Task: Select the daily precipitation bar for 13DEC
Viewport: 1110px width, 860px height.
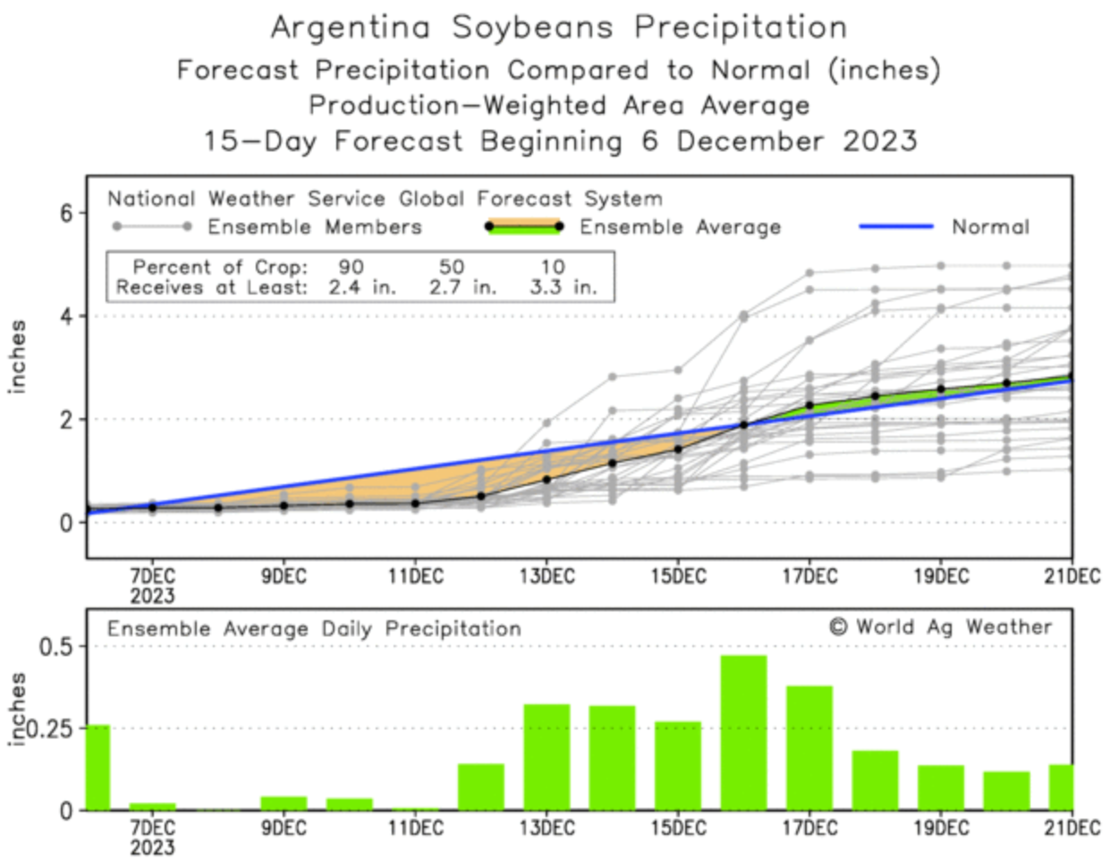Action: [547, 757]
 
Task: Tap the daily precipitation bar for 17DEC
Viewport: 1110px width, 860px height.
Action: [809, 747]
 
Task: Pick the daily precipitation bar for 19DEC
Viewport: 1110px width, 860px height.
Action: [941, 788]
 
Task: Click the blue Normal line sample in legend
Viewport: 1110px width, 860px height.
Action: [895, 226]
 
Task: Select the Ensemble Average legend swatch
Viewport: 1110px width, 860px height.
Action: [523, 226]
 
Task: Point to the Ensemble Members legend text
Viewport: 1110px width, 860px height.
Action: [314, 226]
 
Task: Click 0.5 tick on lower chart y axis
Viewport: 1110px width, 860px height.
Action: [55, 646]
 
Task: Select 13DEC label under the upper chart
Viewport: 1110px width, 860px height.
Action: [547, 576]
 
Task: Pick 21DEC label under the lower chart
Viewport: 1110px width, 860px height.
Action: [1072, 828]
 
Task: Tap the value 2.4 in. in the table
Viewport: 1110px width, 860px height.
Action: [362, 287]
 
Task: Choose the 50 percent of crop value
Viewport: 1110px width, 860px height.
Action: [452, 267]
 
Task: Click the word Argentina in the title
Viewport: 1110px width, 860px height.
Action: [351, 28]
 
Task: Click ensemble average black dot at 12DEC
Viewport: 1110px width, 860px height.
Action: [481, 496]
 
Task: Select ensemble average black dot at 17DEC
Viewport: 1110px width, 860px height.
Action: [809, 405]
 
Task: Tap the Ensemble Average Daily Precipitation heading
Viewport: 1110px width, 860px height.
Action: [314, 628]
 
